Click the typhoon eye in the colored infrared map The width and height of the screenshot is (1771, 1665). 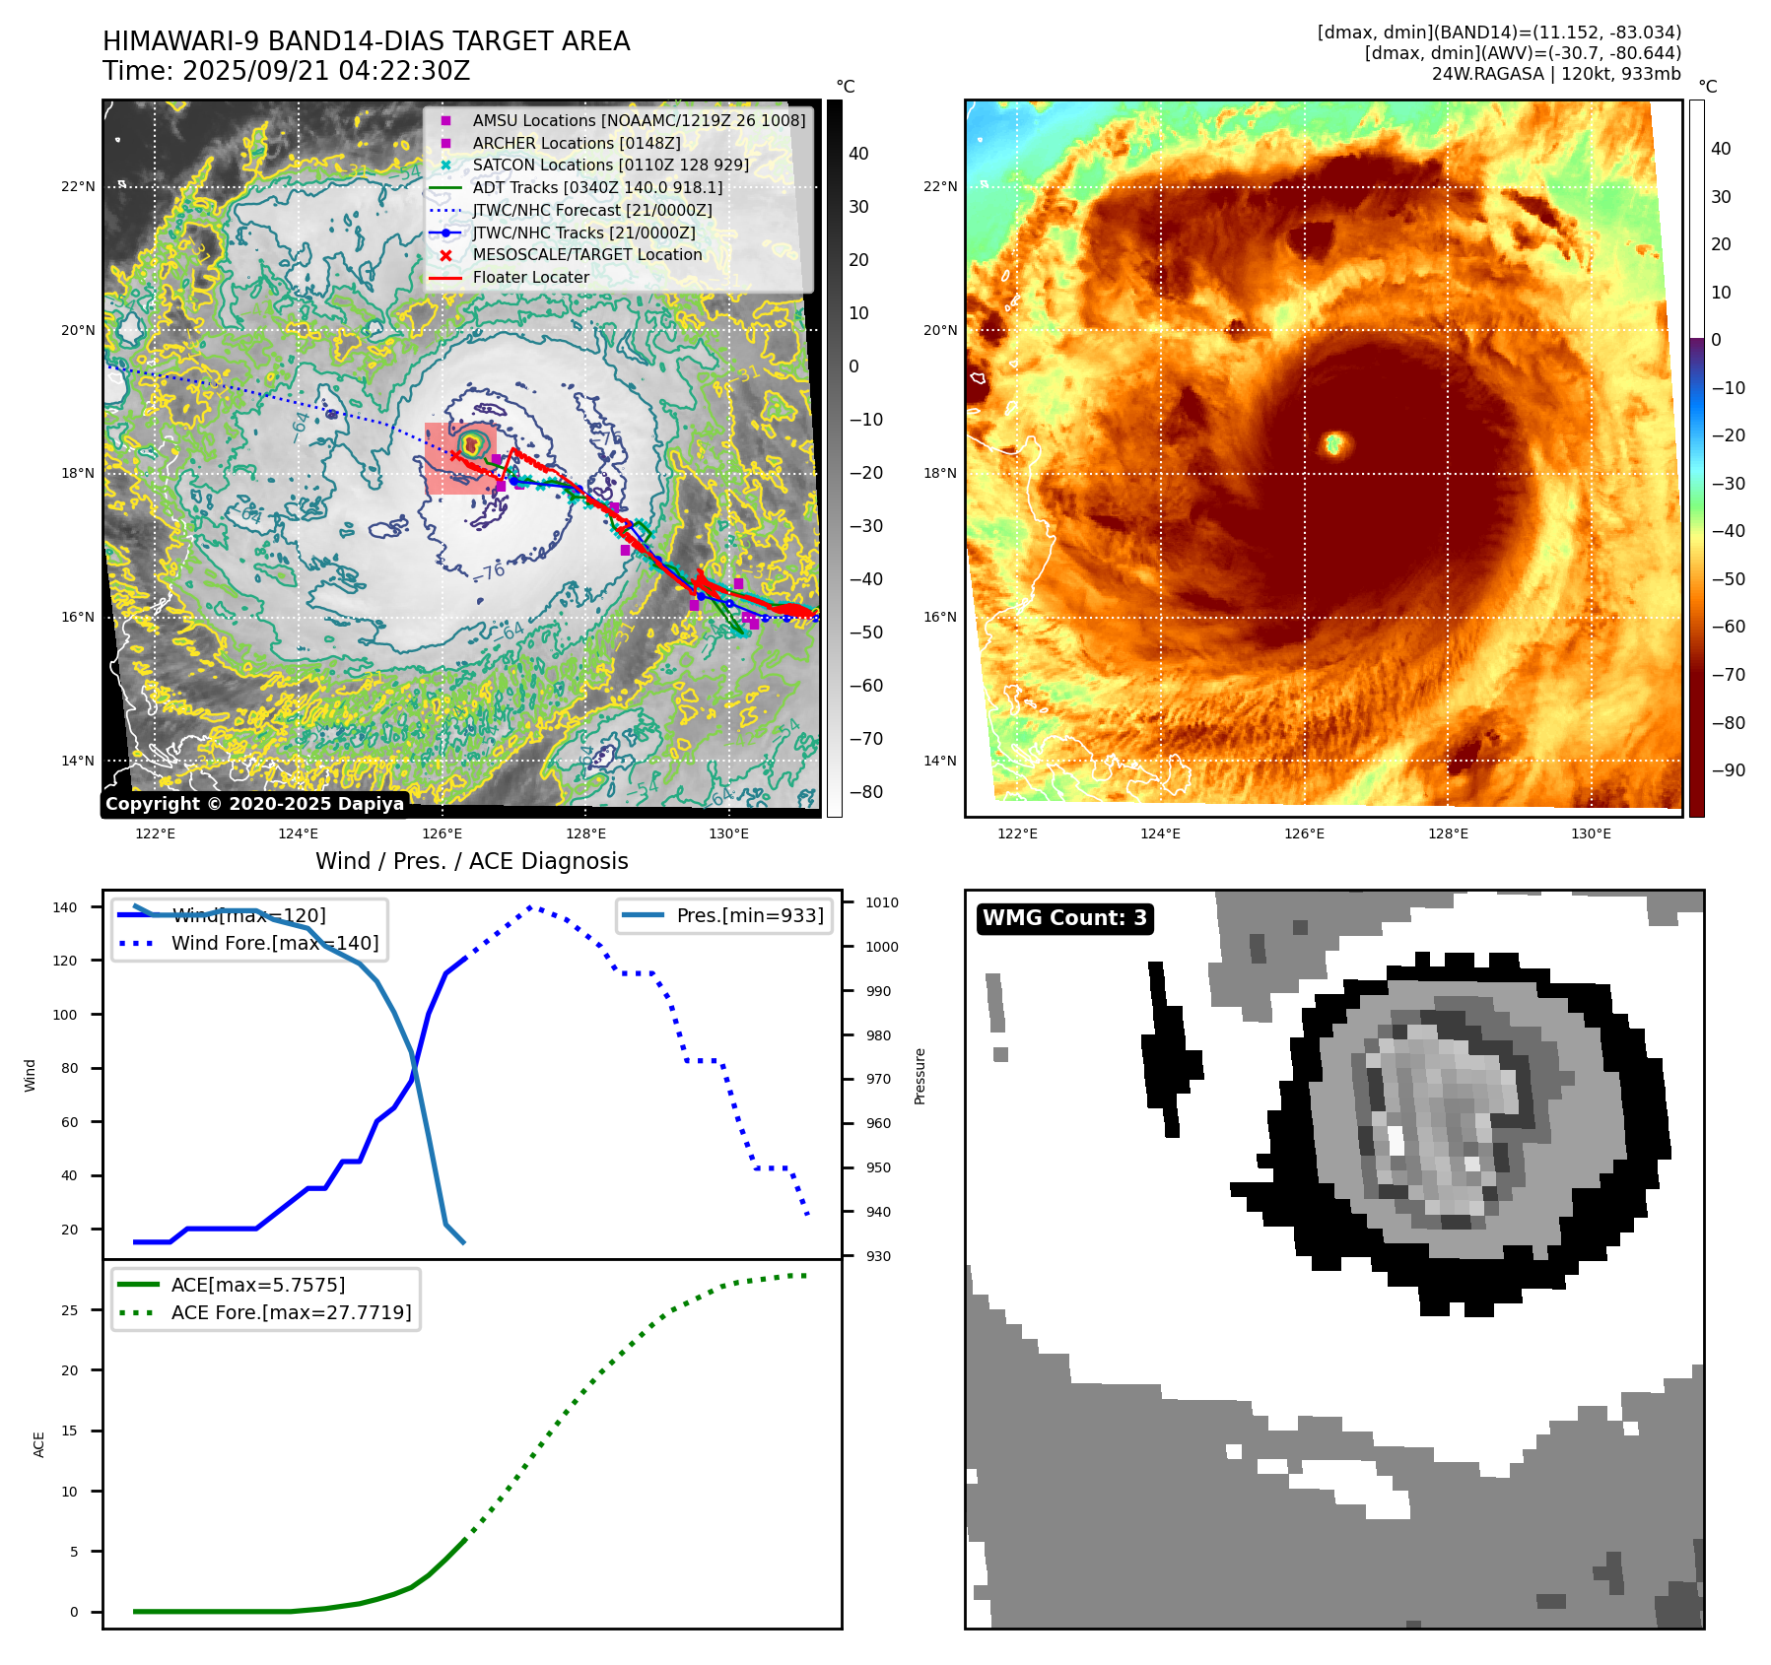(x=1334, y=443)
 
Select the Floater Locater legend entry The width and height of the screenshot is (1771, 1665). (x=530, y=278)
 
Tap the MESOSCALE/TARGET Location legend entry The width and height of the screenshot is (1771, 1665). (x=586, y=255)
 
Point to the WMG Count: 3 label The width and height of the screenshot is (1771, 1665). (x=1064, y=918)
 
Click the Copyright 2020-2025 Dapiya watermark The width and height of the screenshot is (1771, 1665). (x=254, y=804)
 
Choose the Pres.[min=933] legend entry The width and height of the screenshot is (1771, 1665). (x=749, y=915)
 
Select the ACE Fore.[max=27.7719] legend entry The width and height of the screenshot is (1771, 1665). (x=291, y=1312)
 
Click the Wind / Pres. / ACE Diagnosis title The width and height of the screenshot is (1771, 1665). (x=471, y=861)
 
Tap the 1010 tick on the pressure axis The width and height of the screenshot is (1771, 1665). (x=882, y=902)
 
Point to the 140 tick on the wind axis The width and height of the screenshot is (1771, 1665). (x=65, y=907)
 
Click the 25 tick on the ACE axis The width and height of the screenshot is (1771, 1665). (x=70, y=1310)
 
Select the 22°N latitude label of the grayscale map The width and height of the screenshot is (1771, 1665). (x=79, y=186)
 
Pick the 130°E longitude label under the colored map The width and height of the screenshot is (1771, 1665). (x=1591, y=833)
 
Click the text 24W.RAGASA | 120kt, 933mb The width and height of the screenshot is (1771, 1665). (x=1556, y=74)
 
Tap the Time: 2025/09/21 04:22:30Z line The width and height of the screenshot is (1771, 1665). (x=286, y=71)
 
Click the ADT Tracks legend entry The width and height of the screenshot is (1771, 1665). (x=597, y=187)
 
